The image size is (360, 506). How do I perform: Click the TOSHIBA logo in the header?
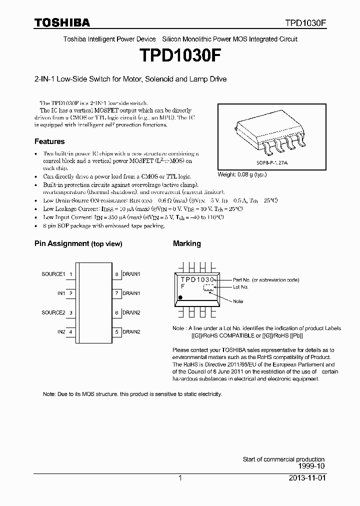pos(62,22)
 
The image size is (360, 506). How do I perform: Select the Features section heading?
pos(49,141)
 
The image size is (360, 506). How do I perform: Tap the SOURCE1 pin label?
pos(53,274)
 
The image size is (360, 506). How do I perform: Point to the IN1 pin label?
pos(61,293)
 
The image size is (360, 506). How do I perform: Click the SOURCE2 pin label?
pos(53,312)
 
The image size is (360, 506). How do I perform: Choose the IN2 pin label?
pos(61,331)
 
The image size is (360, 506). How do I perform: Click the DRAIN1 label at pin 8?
pos(131,274)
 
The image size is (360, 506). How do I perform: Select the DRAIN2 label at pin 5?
pos(131,331)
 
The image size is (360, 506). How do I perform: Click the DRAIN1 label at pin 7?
pos(131,293)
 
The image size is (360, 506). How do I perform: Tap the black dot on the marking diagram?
pos(180,297)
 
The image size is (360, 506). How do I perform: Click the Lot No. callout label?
pos(241,287)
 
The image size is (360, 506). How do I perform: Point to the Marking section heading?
pos(186,243)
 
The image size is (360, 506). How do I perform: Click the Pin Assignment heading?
pos(78,244)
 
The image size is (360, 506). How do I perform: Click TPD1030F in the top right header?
pos(306,23)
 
